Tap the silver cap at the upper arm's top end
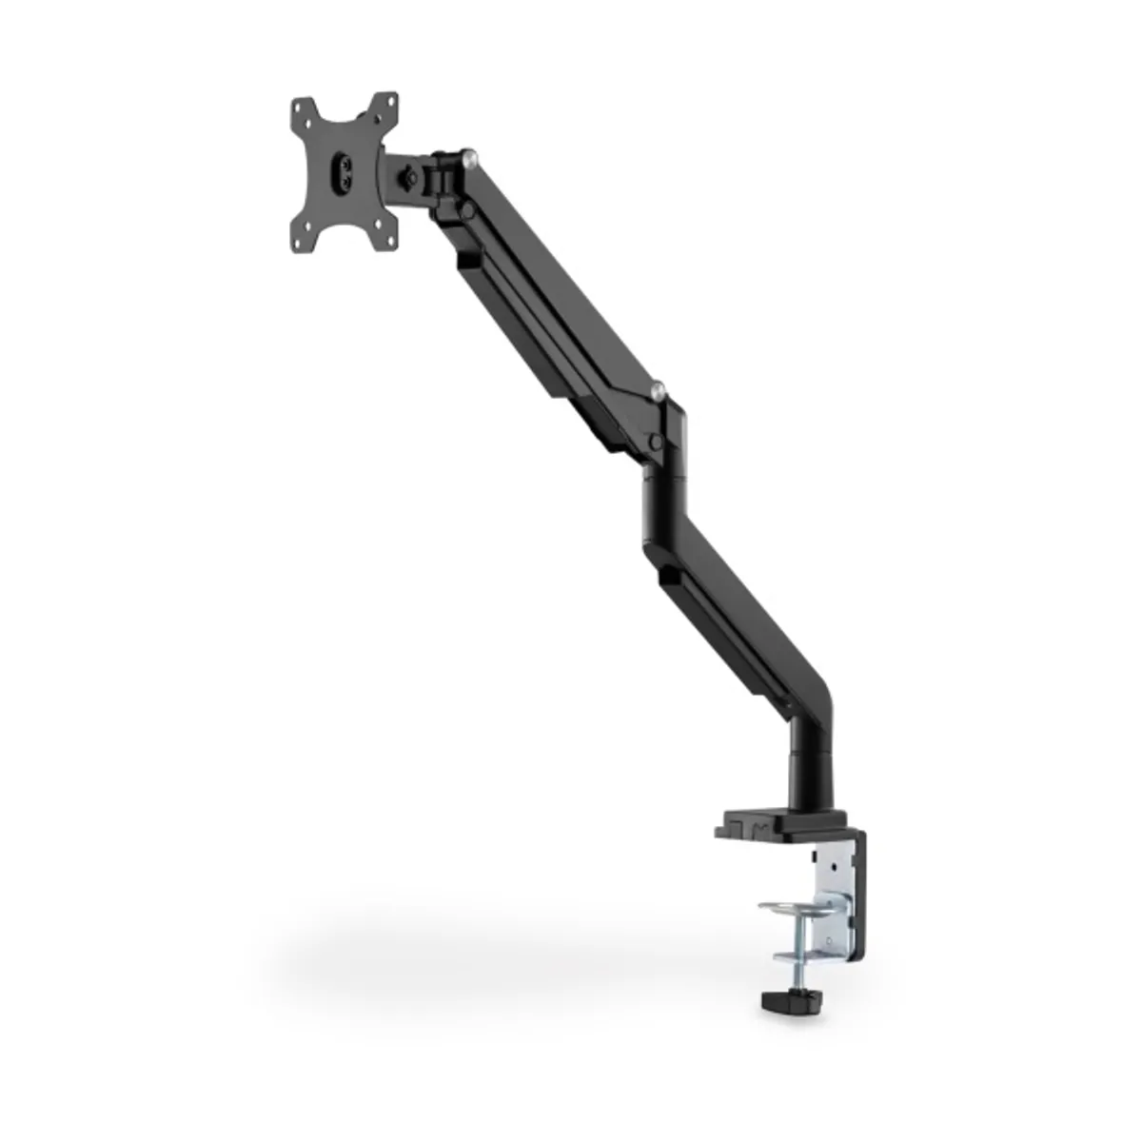pyautogui.click(x=469, y=154)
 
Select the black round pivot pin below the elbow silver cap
pyautogui.click(x=654, y=441)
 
